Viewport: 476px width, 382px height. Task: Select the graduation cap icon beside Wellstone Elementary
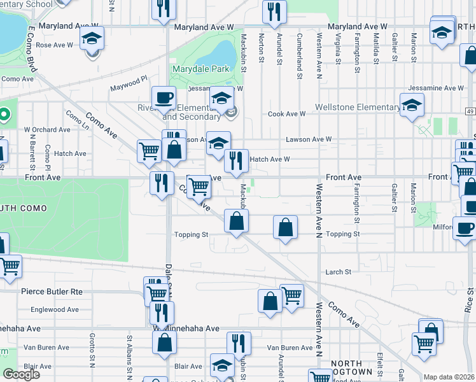coord(412,104)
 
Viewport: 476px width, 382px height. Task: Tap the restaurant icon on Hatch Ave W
coord(236,161)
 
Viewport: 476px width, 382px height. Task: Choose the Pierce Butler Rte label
coord(52,291)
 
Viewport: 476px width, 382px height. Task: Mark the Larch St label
coord(338,272)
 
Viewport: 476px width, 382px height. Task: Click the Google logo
coord(22,374)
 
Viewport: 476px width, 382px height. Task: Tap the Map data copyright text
coord(449,377)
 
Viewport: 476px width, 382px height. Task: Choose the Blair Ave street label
coord(188,366)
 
